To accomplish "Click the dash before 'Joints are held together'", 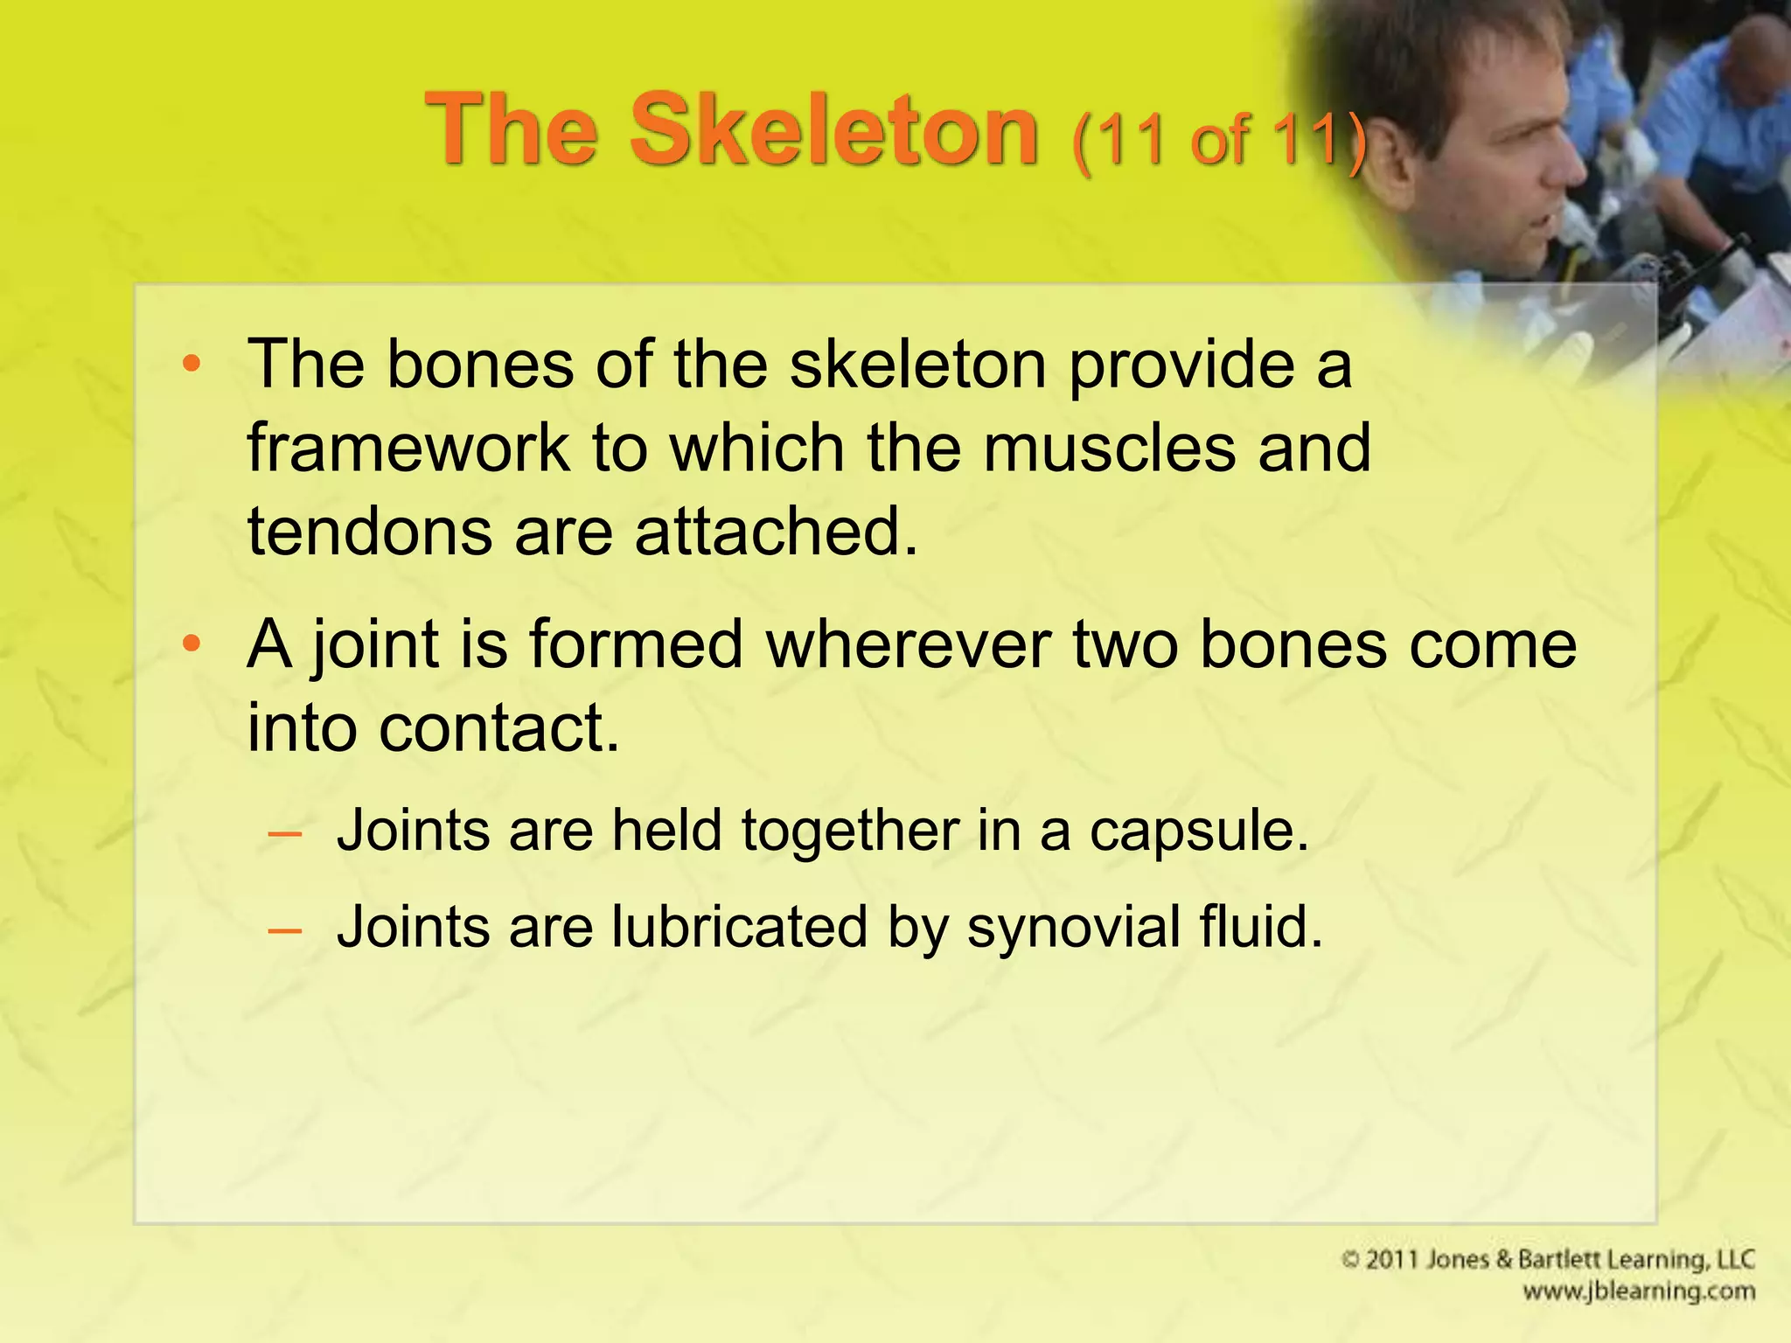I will (x=285, y=833).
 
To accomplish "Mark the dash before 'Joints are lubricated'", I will (x=285, y=929).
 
